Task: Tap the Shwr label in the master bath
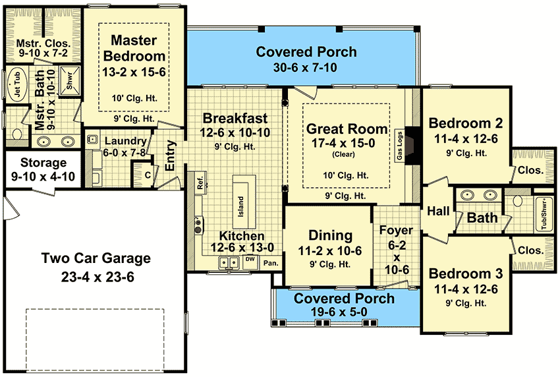click(x=67, y=80)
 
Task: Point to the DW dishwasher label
click(x=249, y=260)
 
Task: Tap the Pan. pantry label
click(x=269, y=262)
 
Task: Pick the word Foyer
click(x=396, y=231)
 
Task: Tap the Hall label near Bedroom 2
click(x=438, y=212)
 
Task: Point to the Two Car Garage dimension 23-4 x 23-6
click(x=96, y=277)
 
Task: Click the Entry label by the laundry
click(x=170, y=156)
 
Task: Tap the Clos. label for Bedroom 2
click(x=530, y=170)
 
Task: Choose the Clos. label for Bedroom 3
click(x=530, y=250)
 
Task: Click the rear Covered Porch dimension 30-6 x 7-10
click(x=306, y=68)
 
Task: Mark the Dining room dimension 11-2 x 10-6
click(x=330, y=250)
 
